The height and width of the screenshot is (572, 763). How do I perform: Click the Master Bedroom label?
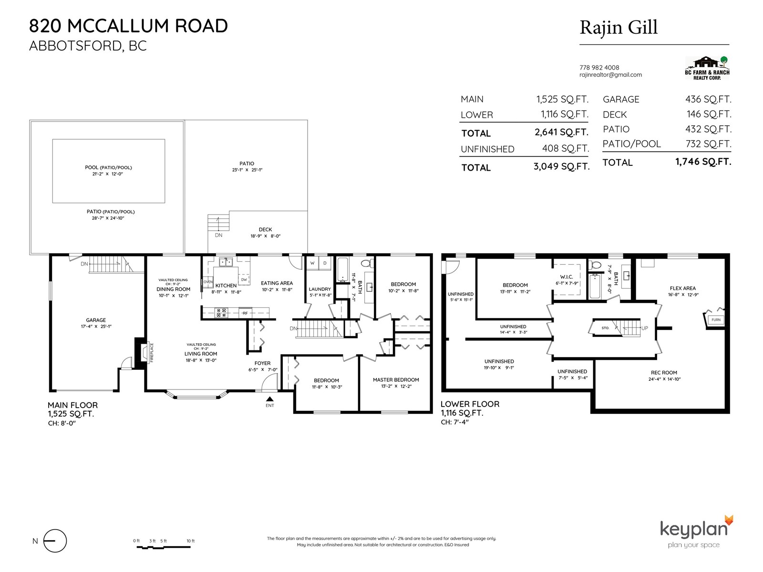[396, 379]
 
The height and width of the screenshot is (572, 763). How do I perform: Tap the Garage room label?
[96, 320]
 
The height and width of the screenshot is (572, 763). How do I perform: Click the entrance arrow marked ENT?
[270, 399]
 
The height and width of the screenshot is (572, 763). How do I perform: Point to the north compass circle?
[55, 541]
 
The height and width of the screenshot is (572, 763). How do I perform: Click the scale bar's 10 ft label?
[190, 541]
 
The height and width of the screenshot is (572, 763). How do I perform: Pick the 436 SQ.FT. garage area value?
[708, 99]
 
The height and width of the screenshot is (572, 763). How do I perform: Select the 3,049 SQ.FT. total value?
[561, 166]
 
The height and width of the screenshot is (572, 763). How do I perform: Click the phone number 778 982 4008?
[599, 67]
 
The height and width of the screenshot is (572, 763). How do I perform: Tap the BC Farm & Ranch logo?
[707, 68]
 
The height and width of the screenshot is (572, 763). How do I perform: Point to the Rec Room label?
[664, 372]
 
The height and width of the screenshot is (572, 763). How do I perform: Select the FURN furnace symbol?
[715, 319]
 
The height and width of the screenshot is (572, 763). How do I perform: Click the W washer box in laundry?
[312, 264]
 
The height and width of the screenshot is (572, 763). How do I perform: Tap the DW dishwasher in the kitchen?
[244, 280]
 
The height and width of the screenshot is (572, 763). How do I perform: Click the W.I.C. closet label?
[566, 277]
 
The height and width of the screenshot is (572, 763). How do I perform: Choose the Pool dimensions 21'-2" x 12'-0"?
[108, 174]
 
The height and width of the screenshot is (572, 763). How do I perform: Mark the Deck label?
[265, 229]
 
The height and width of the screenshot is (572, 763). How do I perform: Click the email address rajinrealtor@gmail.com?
[610, 75]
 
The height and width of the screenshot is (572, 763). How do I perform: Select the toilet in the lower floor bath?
[595, 266]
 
